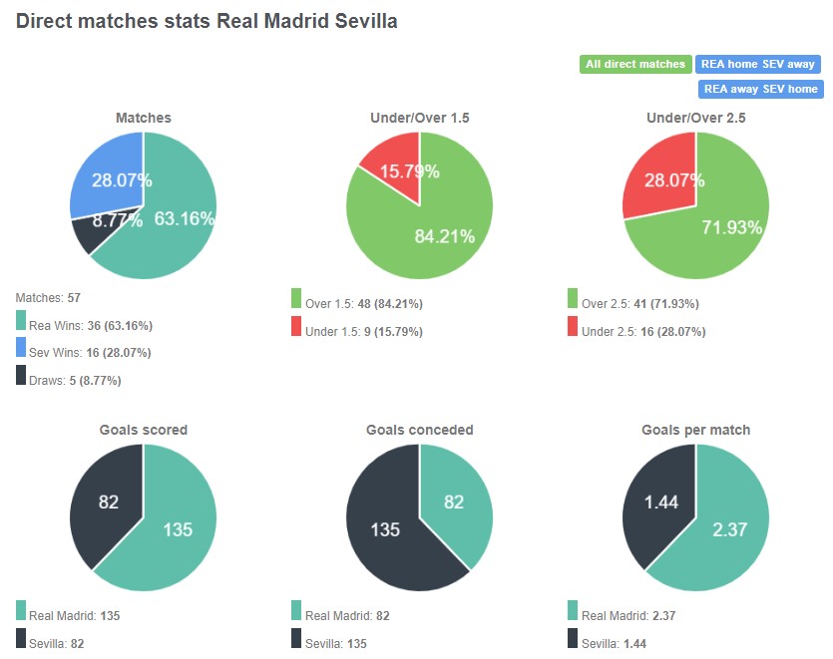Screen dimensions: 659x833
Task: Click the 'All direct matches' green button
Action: click(634, 64)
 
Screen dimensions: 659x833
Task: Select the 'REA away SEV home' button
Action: click(760, 89)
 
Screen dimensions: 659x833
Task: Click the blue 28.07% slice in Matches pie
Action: click(108, 174)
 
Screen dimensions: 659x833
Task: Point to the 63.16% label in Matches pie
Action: click(185, 219)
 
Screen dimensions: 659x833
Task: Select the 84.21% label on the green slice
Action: click(446, 236)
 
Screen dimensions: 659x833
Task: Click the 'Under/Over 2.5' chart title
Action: click(695, 118)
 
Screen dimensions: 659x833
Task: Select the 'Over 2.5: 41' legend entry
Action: click(642, 303)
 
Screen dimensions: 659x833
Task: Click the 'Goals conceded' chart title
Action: click(419, 430)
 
